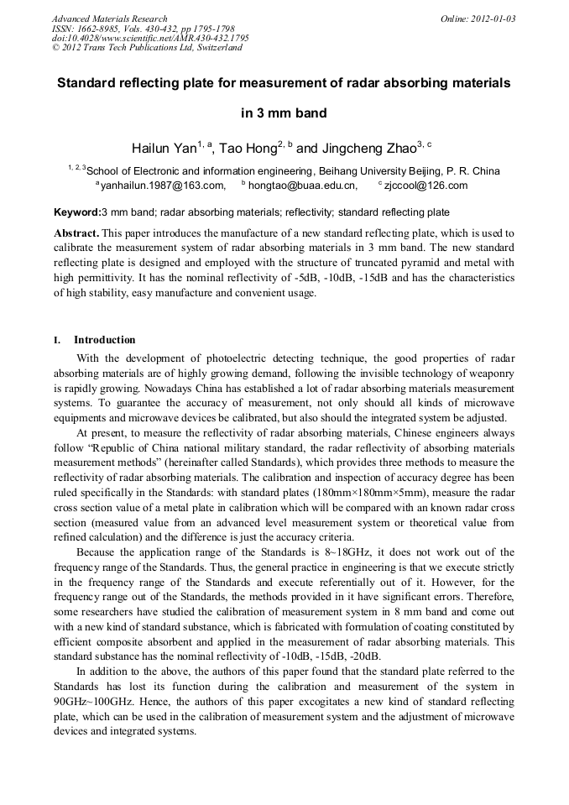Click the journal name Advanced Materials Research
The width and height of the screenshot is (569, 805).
(109, 18)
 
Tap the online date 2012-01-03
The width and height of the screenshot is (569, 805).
(493, 18)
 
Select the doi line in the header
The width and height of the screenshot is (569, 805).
(150, 38)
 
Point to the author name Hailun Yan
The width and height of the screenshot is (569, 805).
(164, 149)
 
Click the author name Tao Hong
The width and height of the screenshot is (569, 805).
(248, 149)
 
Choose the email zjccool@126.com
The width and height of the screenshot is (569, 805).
(425, 186)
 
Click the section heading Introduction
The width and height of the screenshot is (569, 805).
(104, 340)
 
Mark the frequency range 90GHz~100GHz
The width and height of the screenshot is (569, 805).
(91, 699)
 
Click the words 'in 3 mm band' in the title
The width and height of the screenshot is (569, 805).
(284, 113)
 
